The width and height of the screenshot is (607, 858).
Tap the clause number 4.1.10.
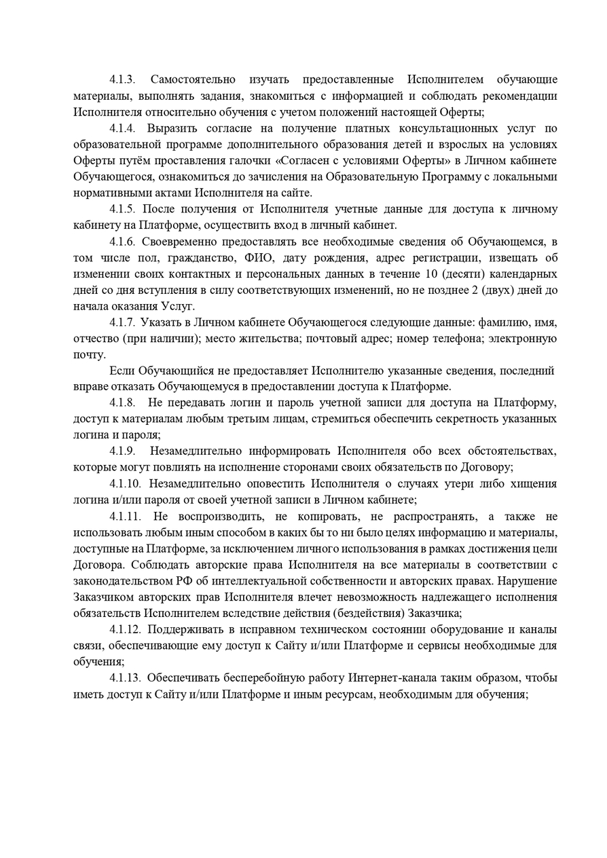[125, 484]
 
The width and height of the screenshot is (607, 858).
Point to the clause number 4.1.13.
[125, 677]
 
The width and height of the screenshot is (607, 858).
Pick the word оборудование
[435, 629]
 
